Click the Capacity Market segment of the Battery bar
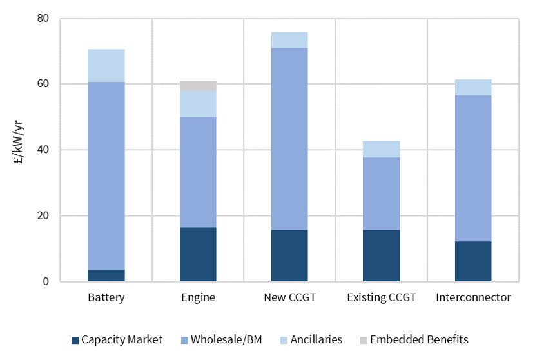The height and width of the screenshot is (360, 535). tap(106, 275)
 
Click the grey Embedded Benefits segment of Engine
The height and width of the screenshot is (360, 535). tap(198, 86)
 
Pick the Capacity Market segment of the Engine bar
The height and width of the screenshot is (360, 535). tap(198, 254)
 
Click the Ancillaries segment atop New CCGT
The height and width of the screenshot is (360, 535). tap(289, 40)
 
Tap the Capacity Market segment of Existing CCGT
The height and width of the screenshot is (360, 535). tap(381, 255)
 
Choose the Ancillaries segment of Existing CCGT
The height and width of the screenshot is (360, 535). tap(381, 149)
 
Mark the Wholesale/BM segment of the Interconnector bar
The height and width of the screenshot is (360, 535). tap(472, 168)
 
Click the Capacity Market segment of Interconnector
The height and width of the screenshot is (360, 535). tap(472, 261)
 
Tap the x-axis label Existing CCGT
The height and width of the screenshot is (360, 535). tap(381, 298)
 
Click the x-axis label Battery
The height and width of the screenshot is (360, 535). tap(106, 298)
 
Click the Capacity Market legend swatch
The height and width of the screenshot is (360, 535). tap(75, 339)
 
